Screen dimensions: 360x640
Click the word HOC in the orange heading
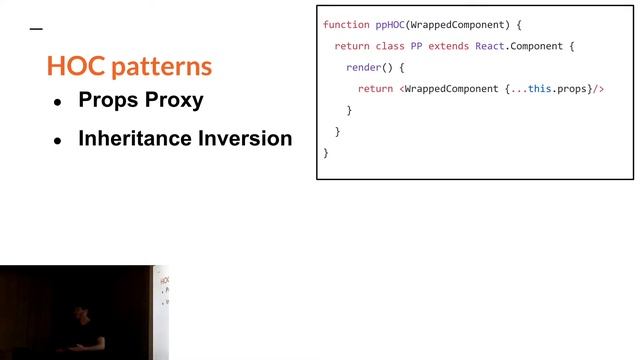pos(74,67)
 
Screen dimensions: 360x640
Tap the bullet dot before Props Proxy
pos(57,102)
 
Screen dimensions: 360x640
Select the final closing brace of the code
pos(326,152)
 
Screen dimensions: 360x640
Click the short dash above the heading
pos(37,30)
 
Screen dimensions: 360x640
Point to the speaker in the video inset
pos(79,328)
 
